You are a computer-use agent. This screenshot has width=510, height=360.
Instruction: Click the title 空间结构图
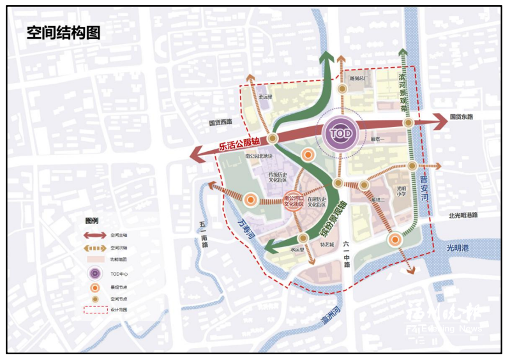[63, 33]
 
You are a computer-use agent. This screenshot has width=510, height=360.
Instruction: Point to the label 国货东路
[461, 117]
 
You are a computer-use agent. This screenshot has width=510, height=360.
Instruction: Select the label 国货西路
[220, 121]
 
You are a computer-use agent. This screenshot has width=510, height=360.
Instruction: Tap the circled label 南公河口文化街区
[294, 202]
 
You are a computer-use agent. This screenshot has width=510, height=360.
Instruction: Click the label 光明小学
[401, 191]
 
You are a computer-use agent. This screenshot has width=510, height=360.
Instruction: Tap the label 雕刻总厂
[359, 79]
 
